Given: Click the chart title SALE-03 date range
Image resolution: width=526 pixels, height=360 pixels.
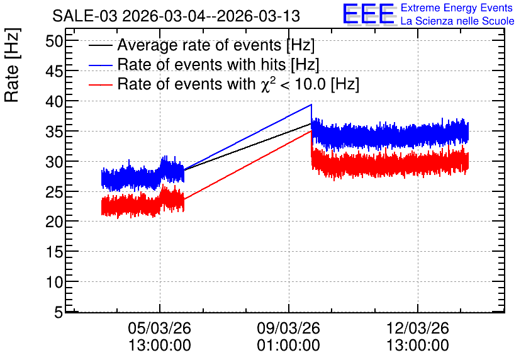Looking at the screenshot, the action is tap(176, 16).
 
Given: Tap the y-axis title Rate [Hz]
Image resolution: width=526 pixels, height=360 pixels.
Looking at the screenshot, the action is tap(12, 65).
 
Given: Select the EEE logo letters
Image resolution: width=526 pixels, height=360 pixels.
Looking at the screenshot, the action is tap(369, 14).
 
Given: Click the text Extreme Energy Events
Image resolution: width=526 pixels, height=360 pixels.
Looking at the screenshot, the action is tap(457, 8).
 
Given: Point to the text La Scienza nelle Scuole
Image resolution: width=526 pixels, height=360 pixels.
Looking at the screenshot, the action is tap(457, 21).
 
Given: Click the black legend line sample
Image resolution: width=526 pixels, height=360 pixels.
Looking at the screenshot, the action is tap(100, 45).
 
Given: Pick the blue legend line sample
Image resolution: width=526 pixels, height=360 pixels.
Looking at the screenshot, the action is tap(100, 65).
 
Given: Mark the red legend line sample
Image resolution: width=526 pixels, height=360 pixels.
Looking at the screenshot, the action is tap(100, 85).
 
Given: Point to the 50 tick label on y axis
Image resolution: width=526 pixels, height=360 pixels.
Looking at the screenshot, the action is tap(54, 42).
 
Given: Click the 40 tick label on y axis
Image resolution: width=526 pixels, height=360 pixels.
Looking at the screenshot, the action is tap(54, 101).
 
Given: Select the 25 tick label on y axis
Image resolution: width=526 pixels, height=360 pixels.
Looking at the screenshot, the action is tap(54, 191).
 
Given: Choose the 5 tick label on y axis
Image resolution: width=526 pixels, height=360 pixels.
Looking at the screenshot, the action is tap(59, 313).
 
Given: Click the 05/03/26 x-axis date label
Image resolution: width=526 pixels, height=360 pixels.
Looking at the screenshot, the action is tap(159, 328).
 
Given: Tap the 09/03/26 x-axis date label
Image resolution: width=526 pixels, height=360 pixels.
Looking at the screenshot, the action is tap(289, 328).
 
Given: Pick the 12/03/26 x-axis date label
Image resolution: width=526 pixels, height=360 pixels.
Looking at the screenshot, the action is tap(418, 328).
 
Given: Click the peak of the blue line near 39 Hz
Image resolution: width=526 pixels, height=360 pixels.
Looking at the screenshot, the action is tap(311, 104).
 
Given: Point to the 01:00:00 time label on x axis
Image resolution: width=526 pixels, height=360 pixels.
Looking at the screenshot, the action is tap(289, 346).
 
